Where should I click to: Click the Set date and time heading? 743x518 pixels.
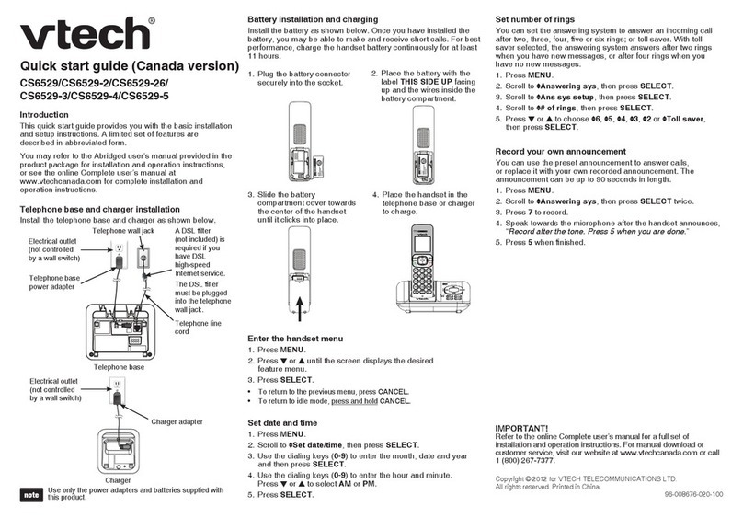(x=286, y=421)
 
